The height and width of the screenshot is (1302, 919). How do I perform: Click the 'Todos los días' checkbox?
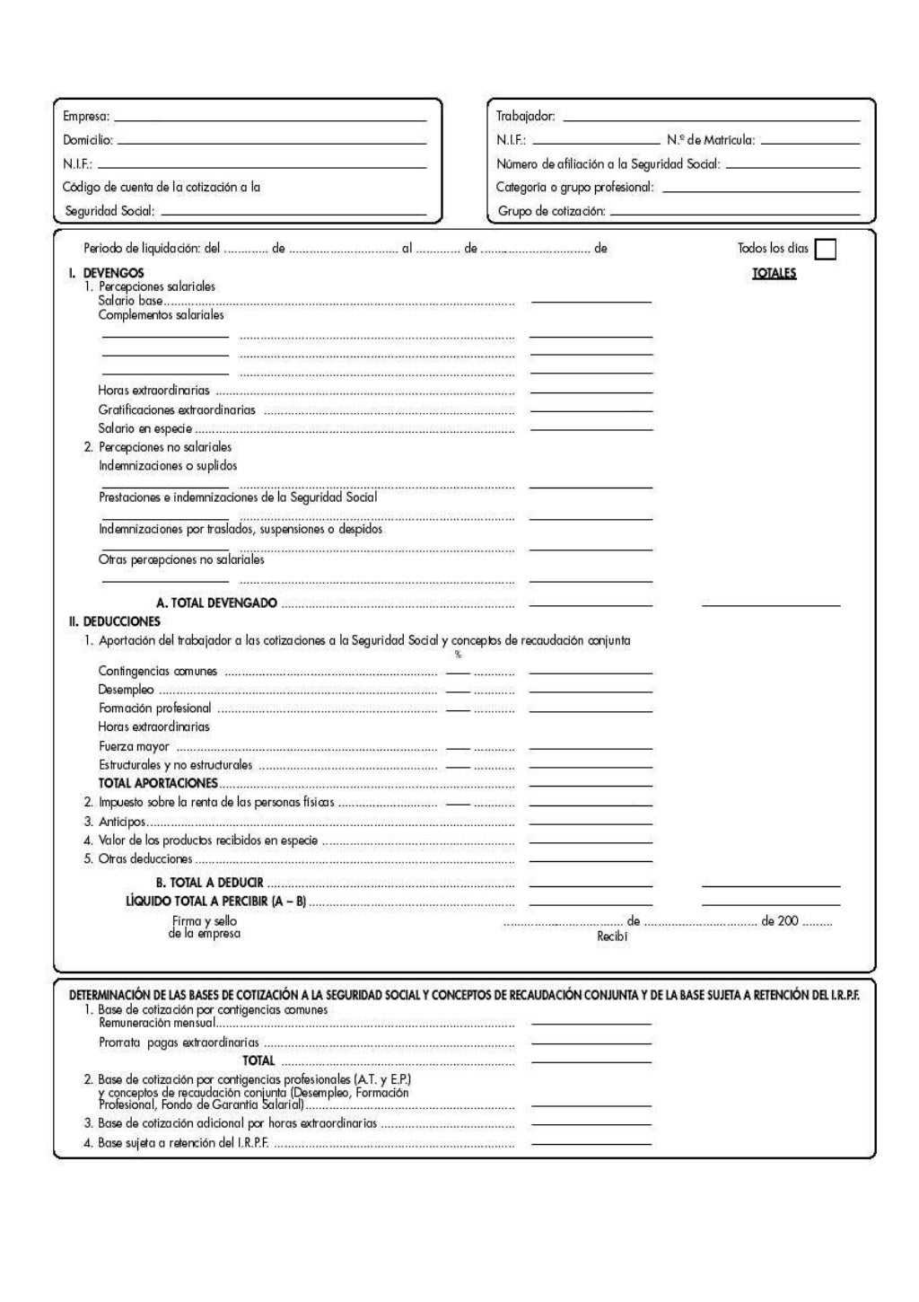pyautogui.click(x=825, y=249)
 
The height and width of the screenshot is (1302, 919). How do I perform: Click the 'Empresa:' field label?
pyautogui.click(x=86, y=117)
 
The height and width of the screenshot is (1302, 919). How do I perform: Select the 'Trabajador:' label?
pyautogui.click(x=526, y=117)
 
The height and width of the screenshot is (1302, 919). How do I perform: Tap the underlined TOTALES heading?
pyautogui.click(x=774, y=273)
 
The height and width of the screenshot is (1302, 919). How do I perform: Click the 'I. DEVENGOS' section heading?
pyautogui.click(x=107, y=273)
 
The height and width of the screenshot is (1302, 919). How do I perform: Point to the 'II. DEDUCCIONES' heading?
pyautogui.click(x=114, y=621)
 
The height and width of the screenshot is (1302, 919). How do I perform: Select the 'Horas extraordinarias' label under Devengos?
pyautogui.click(x=153, y=391)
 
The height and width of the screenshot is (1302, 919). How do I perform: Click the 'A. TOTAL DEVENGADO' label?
pyautogui.click(x=216, y=603)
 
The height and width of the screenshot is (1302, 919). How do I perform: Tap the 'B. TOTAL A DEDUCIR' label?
pyautogui.click(x=209, y=883)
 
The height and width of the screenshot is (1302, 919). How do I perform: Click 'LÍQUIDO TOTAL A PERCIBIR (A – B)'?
pyautogui.click(x=215, y=901)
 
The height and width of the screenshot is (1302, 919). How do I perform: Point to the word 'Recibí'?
pyautogui.click(x=612, y=937)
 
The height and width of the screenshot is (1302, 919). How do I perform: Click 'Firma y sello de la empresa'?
pyautogui.click(x=205, y=928)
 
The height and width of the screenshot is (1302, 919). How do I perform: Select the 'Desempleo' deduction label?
pyautogui.click(x=126, y=691)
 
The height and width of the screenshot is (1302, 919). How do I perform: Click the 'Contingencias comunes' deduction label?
pyautogui.click(x=157, y=672)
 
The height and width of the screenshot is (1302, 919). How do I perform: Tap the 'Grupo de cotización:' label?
pyautogui.click(x=551, y=212)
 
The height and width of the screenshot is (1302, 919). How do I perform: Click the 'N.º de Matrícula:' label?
pyautogui.click(x=711, y=140)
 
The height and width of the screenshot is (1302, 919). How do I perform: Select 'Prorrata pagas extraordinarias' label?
pyautogui.click(x=179, y=1042)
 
